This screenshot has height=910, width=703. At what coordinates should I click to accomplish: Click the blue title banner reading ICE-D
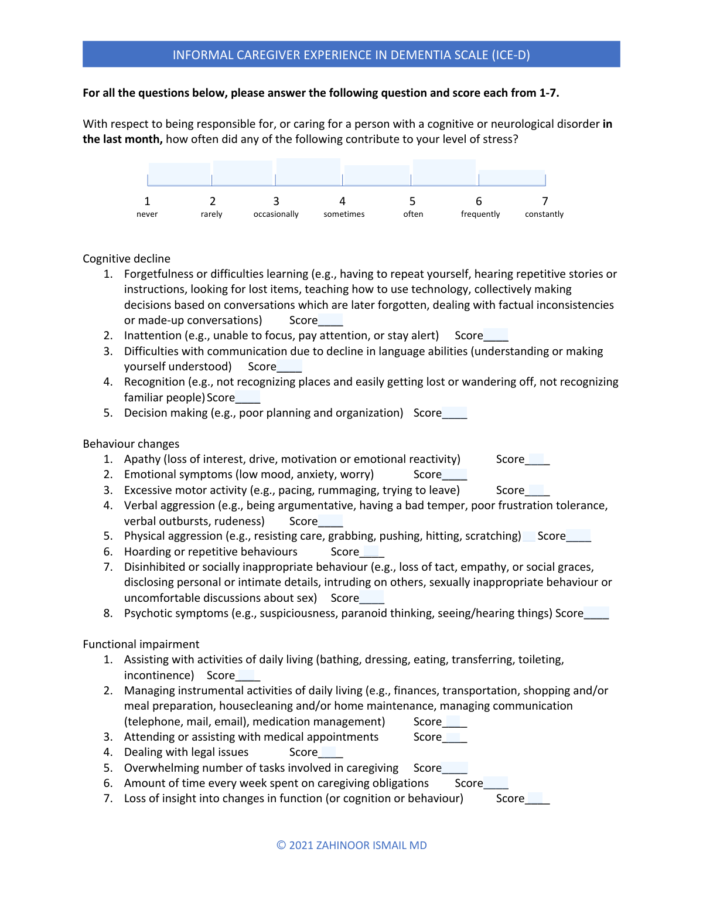(351, 54)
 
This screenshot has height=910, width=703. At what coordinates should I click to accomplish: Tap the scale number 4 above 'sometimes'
(343, 201)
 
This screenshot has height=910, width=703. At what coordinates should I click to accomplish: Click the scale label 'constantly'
(544, 214)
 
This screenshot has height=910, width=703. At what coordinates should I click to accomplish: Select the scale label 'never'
(147, 214)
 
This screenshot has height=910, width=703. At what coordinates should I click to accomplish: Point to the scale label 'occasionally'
(276, 214)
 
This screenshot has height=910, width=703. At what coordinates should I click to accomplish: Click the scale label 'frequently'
(480, 214)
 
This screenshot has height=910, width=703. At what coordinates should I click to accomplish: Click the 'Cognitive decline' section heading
(127, 259)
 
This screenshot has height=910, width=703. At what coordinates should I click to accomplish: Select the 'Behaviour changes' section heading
(131, 444)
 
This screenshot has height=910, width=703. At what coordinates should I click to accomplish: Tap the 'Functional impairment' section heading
(141, 644)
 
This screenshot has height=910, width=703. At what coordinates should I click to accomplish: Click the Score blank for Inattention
(496, 336)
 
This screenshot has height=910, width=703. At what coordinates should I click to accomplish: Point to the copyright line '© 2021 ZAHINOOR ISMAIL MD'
(351, 845)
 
